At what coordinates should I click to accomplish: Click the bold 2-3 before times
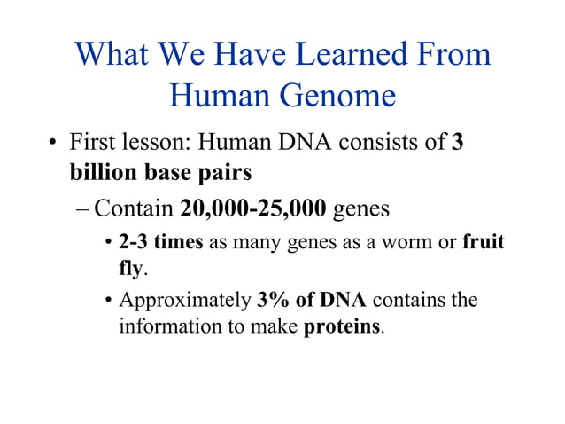(134, 243)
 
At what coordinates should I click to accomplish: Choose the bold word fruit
(483, 243)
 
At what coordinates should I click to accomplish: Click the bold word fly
(130, 267)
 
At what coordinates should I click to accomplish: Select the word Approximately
(185, 301)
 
